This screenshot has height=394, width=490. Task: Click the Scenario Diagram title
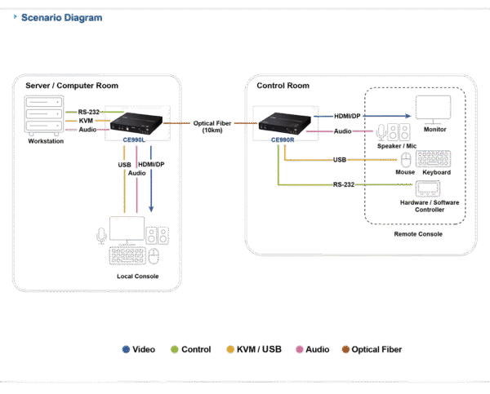[59, 17]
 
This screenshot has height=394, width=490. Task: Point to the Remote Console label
[416, 233]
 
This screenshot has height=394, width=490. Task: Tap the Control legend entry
[193, 349]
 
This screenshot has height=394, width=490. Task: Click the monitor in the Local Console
[127, 228]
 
